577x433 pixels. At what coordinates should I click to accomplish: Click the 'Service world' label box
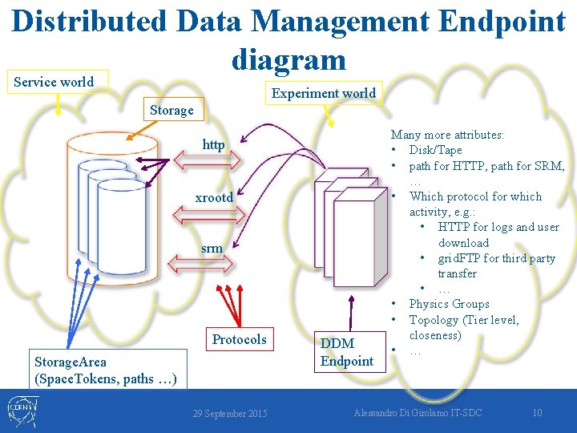click(x=54, y=82)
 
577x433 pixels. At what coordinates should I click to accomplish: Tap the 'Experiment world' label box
click(x=323, y=93)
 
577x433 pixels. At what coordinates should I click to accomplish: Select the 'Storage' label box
click(x=171, y=110)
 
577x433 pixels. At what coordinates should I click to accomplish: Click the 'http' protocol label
click(x=213, y=145)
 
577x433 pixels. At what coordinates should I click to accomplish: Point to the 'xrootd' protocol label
click(x=214, y=197)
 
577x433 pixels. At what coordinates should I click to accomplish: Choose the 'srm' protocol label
click(x=212, y=249)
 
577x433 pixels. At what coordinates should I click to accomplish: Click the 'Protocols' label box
click(x=239, y=339)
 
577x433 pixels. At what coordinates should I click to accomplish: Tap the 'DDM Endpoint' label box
click(x=346, y=352)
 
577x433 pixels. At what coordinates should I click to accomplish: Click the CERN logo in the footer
click(x=22, y=411)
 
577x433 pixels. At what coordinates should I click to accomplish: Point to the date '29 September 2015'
click(x=230, y=413)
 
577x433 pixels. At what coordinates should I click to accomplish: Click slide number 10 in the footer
click(x=537, y=413)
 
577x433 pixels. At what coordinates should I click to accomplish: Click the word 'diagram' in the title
click(x=288, y=58)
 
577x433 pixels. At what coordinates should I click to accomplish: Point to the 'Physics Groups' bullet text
click(x=449, y=304)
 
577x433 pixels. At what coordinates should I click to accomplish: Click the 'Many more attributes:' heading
click(x=453, y=135)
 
